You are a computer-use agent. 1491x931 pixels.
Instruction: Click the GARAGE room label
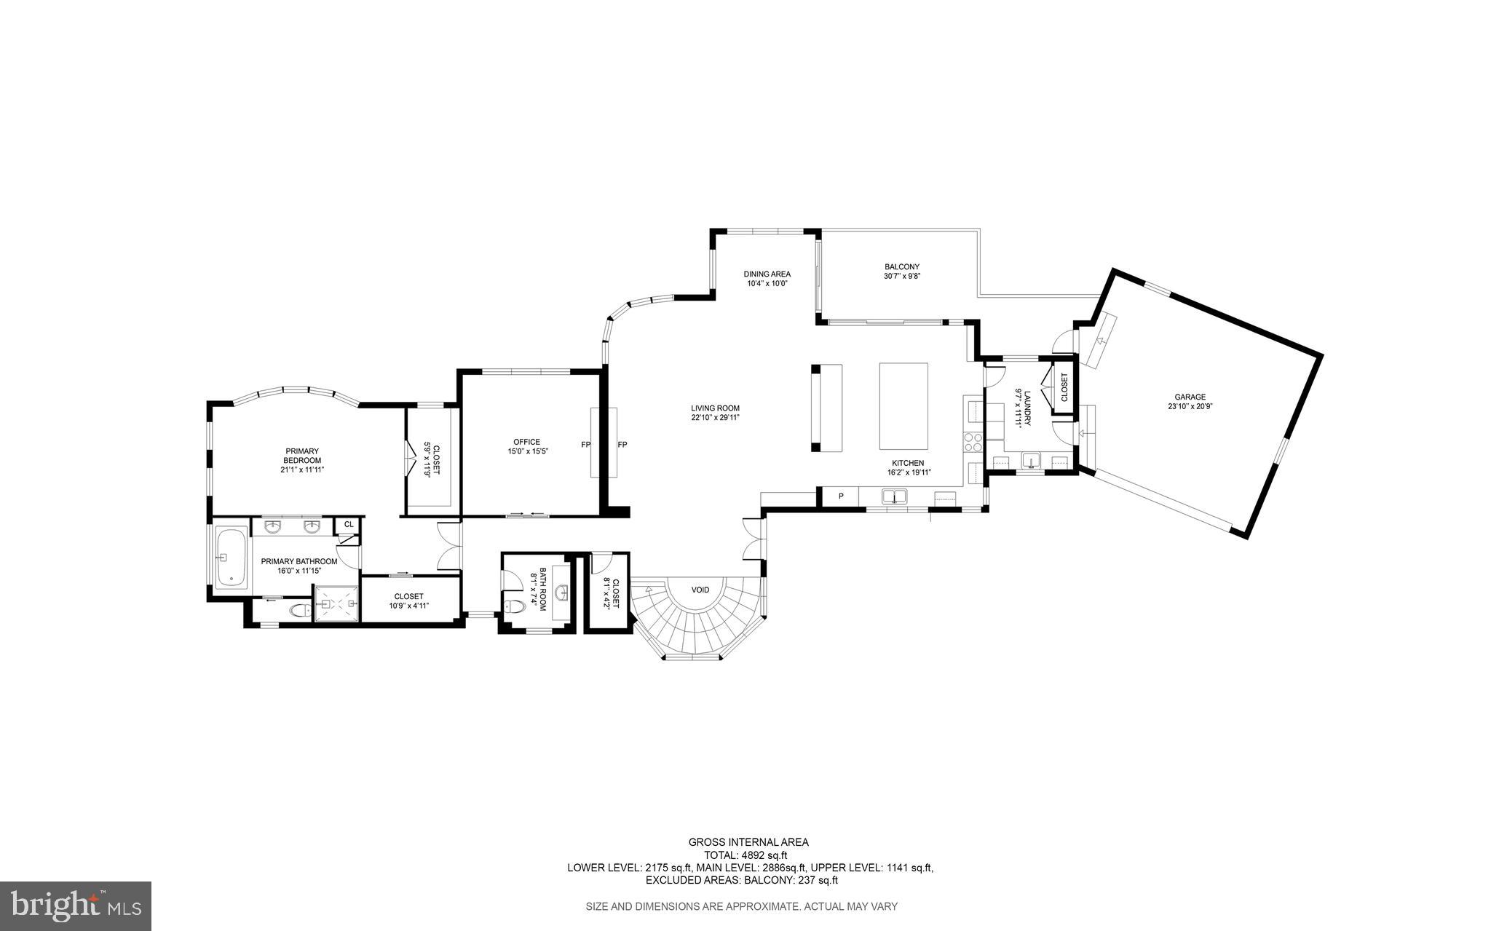[1190, 397]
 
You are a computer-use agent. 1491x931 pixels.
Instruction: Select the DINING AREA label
[767, 274]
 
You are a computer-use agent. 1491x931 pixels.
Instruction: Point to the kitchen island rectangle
[903, 406]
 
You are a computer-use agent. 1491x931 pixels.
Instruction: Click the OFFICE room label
[526, 442]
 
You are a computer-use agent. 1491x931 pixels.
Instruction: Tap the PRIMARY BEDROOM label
[301, 456]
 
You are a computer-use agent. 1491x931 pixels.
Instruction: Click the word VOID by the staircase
[700, 590]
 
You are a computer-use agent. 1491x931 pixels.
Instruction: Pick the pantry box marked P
[840, 496]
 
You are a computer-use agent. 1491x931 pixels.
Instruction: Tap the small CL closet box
[348, 524]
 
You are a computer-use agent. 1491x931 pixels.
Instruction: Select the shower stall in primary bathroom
[336, 603]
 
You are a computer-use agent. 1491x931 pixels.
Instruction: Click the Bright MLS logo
[76, 905]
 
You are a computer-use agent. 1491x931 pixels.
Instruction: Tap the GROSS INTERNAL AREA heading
[748, 842]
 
